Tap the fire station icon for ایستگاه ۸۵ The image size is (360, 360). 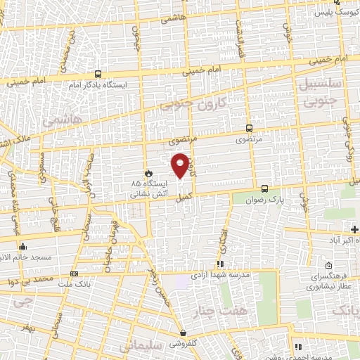pyautogui.click(x=148, y=172)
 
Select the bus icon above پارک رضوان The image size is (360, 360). pyautogui.click(x=264, y=188)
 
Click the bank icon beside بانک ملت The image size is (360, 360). pyautogui.click(x=75, y=274)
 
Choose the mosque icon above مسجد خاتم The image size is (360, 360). pyautogui.click(x=23, y=246)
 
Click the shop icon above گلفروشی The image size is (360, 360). pyautogui.click(x=183, y=333)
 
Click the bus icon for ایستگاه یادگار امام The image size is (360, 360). pyautogui.click(x=97, y=73)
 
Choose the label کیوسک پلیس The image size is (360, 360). pyautogui.click(x=331, y=13)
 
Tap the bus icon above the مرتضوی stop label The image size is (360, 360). pyautogui.click(x=248, y=128)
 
